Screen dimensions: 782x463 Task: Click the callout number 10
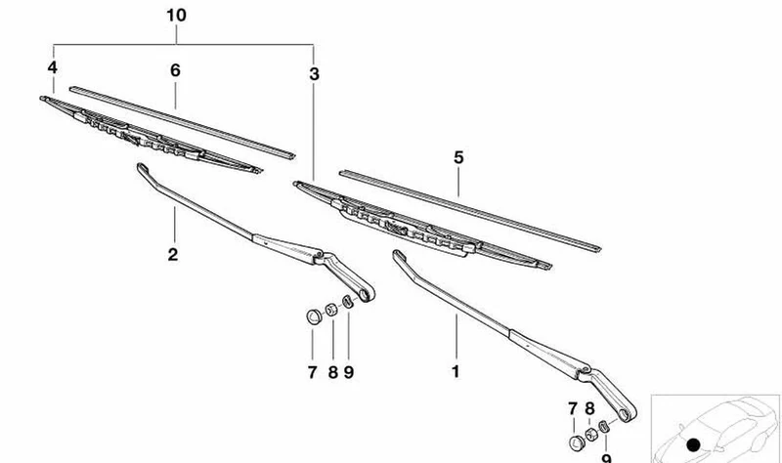point(176,16)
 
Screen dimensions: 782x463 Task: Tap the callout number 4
point(53,67)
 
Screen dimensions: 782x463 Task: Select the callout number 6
point(175,70)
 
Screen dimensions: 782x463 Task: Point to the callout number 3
point(314,74)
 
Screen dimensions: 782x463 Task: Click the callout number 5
point(458,157)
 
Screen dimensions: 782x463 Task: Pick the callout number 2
point(173,254)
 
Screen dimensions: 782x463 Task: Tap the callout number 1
point(455,371)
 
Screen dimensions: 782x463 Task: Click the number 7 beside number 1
point(312,372)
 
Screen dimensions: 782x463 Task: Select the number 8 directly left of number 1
point(332,372)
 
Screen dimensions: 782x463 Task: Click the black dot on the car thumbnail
point(693,445)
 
